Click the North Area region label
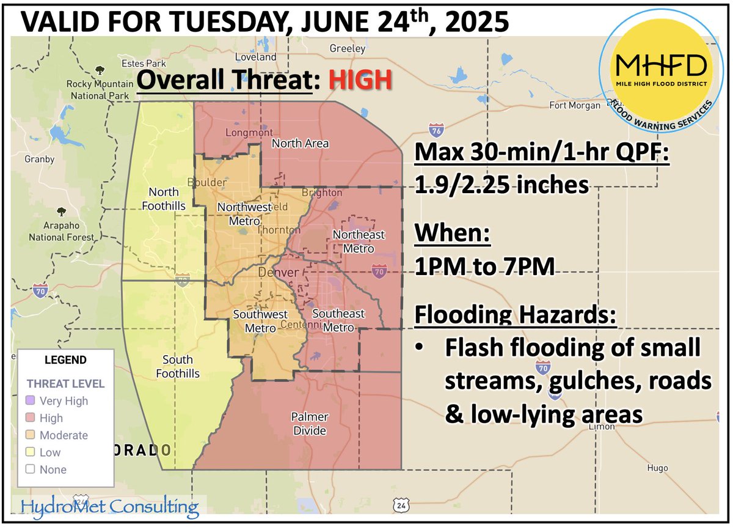point(300,144)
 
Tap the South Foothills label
point(178,366)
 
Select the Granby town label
point(40,160)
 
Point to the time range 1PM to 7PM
point(484,267)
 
